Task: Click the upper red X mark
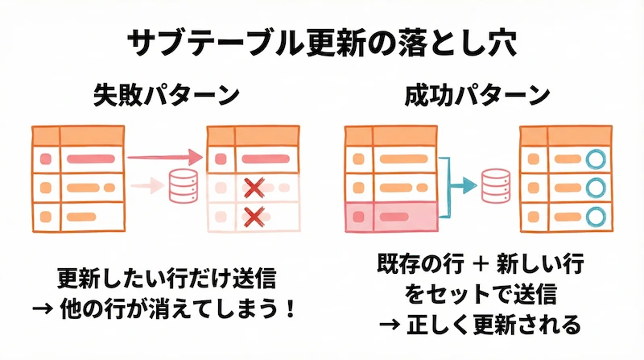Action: pos(254,188)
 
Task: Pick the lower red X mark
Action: pos(254,216)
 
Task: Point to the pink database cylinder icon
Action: pos(180,187)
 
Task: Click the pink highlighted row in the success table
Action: pos(390,216)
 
